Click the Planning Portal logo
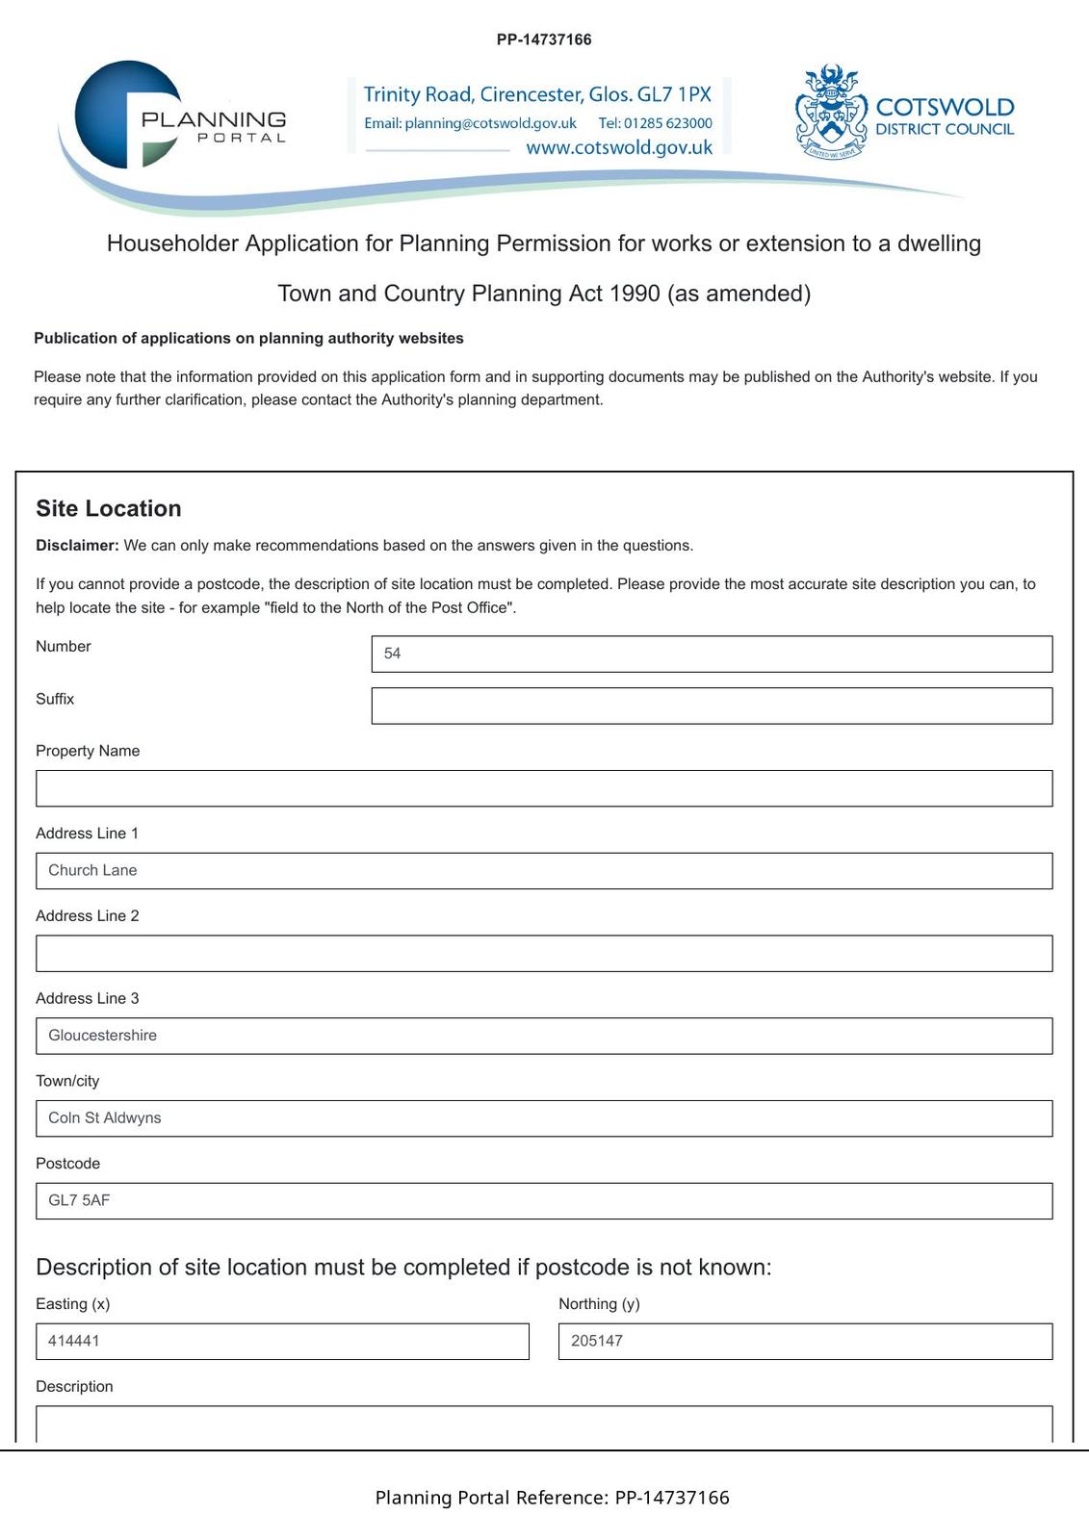tap(179, 116)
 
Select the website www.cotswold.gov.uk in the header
tap(619, 147)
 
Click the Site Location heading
tap(109, 508)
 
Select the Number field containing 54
tap(712, 654)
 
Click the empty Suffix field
tap(712, 706)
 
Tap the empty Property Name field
tap(544, 788)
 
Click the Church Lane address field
tap(544, 871)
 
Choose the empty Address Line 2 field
tap(544, 954)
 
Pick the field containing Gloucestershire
tap(544, 1036)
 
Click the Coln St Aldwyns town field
tap(544, 1118)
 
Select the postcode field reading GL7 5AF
tap(544, 1201)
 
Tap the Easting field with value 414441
tap(282, 1342)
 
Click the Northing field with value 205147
tap(805, 1342)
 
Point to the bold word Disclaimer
tap(77, 546)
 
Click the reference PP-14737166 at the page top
tap(544, 39)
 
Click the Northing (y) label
tap(599, 1304)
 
